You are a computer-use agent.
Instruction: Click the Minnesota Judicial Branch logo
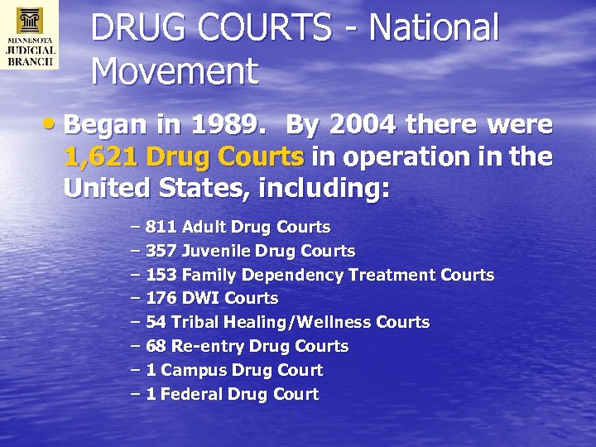click(30, 35)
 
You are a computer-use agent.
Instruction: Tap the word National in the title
click(435, 28)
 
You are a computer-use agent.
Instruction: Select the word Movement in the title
click(175, 71)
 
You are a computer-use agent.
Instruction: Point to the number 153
click(161, 275)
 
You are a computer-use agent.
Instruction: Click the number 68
click(156, 346)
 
